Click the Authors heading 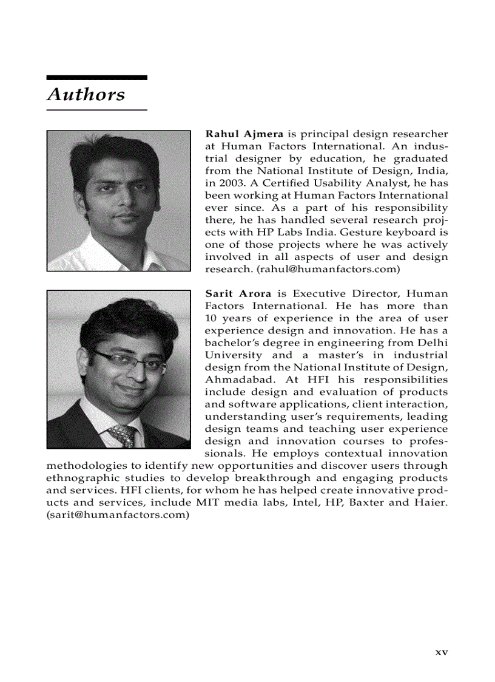[86, 95]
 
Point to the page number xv [441, 652]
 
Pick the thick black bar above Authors [97, 78]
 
